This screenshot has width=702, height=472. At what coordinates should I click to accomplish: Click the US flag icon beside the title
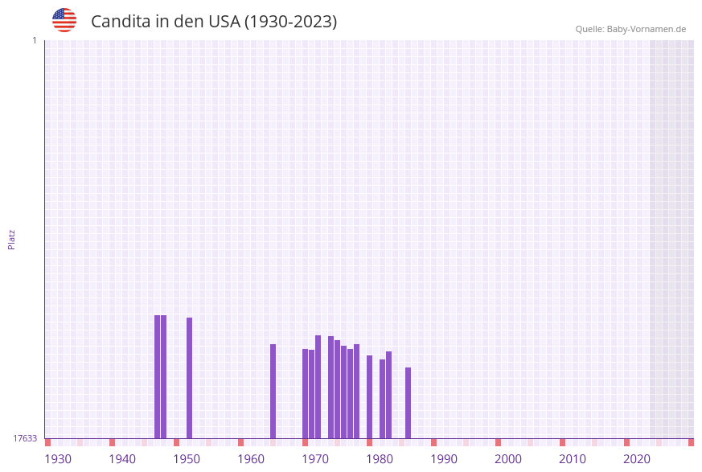(64, 20)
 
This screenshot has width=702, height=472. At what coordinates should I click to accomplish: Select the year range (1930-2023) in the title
(290, 22)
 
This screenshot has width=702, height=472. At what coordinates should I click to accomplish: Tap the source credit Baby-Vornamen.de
(630, 29)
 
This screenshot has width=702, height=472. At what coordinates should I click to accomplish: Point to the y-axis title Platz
(12, 239)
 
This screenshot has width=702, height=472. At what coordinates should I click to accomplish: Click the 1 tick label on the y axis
(34, 40)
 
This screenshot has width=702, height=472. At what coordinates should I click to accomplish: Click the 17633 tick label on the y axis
(25, 438)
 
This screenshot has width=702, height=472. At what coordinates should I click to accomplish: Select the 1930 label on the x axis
(58, 459)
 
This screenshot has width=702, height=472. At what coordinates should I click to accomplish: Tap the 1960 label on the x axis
(251, 459)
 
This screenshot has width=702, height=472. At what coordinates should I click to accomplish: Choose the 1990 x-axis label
(444, 459)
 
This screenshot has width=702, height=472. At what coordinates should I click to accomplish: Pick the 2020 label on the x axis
(637, 459)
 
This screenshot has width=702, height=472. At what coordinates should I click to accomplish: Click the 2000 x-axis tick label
(508, 459)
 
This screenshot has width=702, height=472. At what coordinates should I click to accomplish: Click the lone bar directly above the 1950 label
(190, 378)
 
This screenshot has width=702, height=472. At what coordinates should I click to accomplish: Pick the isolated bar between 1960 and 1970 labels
(273, 391)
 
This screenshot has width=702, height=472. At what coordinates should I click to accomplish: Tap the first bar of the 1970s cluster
(306, 393)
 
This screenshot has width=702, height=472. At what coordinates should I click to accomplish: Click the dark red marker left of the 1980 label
(370, 442)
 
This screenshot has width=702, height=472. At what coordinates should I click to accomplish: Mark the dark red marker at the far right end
(691, 442)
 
